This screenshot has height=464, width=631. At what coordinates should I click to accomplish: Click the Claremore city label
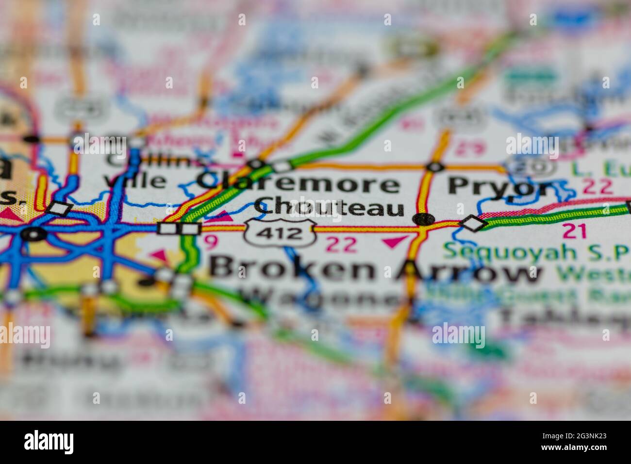coord(299,184)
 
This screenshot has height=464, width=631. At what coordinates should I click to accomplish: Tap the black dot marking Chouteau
coord(424,219)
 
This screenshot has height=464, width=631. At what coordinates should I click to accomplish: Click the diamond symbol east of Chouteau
coord(473,223)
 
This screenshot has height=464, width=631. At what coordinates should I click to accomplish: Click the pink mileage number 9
coord(209,240)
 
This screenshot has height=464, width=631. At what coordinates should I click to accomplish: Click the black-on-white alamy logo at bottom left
coord(49,442)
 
